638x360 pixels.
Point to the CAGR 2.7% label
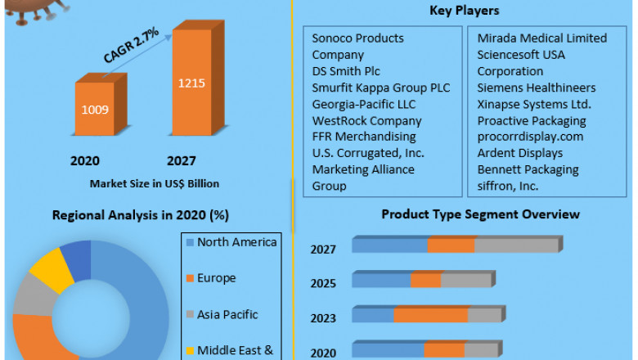coord(131,47)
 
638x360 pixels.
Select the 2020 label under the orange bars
coord(85,160)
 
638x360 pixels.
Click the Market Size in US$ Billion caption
coord(155,183)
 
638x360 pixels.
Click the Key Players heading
coord(464,11)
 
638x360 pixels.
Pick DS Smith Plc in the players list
coord(346,71)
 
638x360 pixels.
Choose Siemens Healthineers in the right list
coord(536,88)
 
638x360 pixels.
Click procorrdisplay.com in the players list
coord(530,137)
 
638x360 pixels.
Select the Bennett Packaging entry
coord(528,169)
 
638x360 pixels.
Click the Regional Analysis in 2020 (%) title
coord(140,215)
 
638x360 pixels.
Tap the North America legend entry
coord(236,242)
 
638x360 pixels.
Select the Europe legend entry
coord(216,278)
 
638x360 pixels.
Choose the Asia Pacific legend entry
coord(227,314)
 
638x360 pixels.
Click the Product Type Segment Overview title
coord(480,214)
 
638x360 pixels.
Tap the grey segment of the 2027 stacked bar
coord(515,245)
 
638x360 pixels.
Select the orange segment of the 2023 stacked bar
coord(430,315)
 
